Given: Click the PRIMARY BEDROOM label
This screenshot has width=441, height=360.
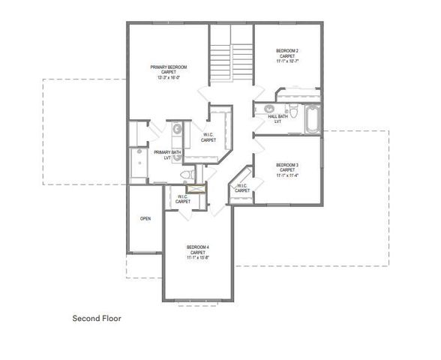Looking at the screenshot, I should click(x=168, y=67).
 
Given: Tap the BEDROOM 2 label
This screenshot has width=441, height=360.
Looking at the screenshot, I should click(x=288, y=50).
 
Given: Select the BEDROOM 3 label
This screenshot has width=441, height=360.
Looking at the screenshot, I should click(x=286, y=165).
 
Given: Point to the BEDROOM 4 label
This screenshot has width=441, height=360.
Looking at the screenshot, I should click(x=198, y=247).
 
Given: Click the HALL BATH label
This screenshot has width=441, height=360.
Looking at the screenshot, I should click(x=278, y=116).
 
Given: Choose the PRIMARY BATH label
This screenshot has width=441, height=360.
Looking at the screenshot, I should click(x=167, y=152).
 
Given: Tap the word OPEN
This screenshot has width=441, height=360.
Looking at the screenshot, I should click(x=145, y=218).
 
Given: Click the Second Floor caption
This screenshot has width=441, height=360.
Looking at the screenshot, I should click(x=97, y=318).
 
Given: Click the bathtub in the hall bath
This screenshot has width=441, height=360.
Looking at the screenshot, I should click(x=311, y=115).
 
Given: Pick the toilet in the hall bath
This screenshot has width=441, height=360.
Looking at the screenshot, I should click(x=295, y=113).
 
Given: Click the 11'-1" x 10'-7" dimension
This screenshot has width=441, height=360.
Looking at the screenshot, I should click(x=288, y=61).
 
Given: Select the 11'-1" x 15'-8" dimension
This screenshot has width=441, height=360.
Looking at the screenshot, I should click(x=198, y=258).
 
